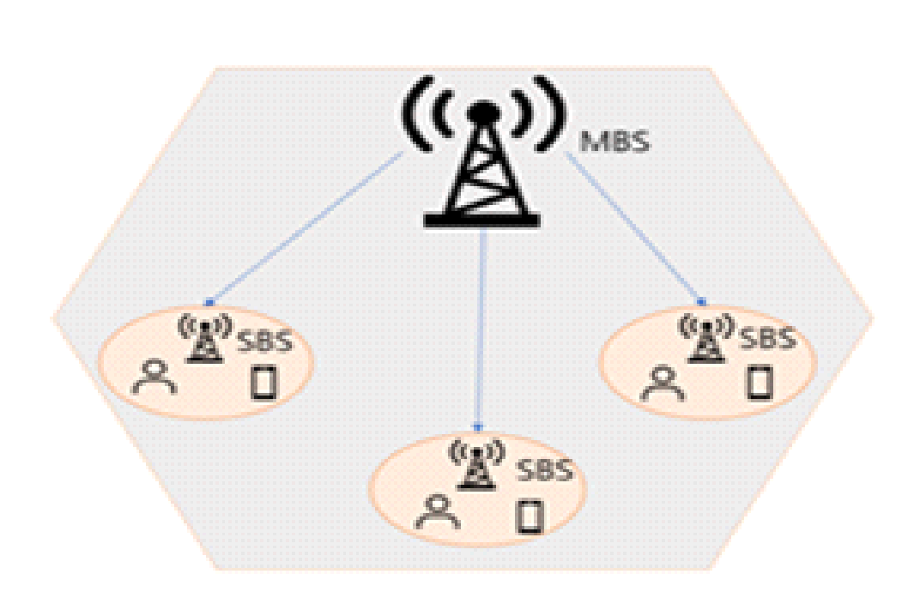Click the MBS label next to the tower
[x=615, y=140]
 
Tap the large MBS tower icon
[x=481, y=163]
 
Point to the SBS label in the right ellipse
[x=767, y=338]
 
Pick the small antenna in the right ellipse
[x=706, y=336]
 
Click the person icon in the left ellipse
[x=154, y=377]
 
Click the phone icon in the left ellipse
[x=263, y=383]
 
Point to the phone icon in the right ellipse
[x=756, y=382]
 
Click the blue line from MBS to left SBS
[x=305, y=228]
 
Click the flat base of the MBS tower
[x=481, y=222]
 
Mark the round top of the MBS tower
[x=482, y=112]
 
